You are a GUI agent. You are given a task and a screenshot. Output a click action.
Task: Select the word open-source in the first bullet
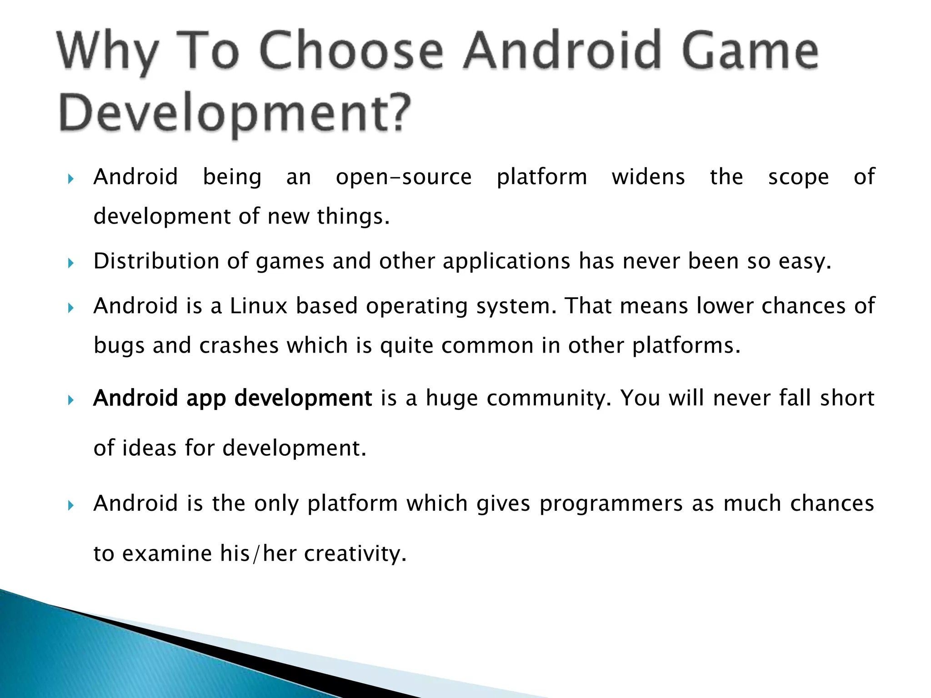(404, 177)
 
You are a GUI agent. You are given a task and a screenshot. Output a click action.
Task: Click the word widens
(648, 177)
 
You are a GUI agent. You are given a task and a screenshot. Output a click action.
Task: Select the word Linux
(259, 306)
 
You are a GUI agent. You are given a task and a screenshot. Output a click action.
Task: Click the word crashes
(239, 345)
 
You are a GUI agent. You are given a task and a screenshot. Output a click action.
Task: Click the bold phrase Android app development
(232, 399)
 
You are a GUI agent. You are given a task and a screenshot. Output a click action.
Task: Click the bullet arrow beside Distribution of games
(70, 263)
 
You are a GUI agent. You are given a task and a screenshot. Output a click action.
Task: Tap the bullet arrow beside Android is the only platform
(70, 505)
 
